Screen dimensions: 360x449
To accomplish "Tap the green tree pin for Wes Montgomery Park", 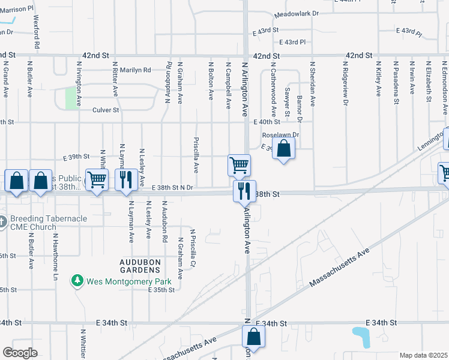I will coord(77,280).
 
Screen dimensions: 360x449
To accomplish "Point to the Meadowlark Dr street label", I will coord(296,13).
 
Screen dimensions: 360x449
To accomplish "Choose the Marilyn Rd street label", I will coord(134,70).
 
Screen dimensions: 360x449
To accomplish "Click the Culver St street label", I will coord(106,110).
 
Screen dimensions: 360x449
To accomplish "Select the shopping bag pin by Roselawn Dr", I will coord(284,149).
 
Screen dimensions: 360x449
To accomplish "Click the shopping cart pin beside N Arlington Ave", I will coord(239,164).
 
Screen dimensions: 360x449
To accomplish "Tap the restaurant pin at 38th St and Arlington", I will coord(244,191).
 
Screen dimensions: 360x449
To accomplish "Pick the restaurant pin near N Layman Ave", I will coord(125,180).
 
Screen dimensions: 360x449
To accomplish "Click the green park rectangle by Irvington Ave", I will coord(71,98).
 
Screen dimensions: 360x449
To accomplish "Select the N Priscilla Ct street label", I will coord(193,248).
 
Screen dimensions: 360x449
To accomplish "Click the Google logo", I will coord(20,353).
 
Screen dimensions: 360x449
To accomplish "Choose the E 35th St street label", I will coord(161,290).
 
